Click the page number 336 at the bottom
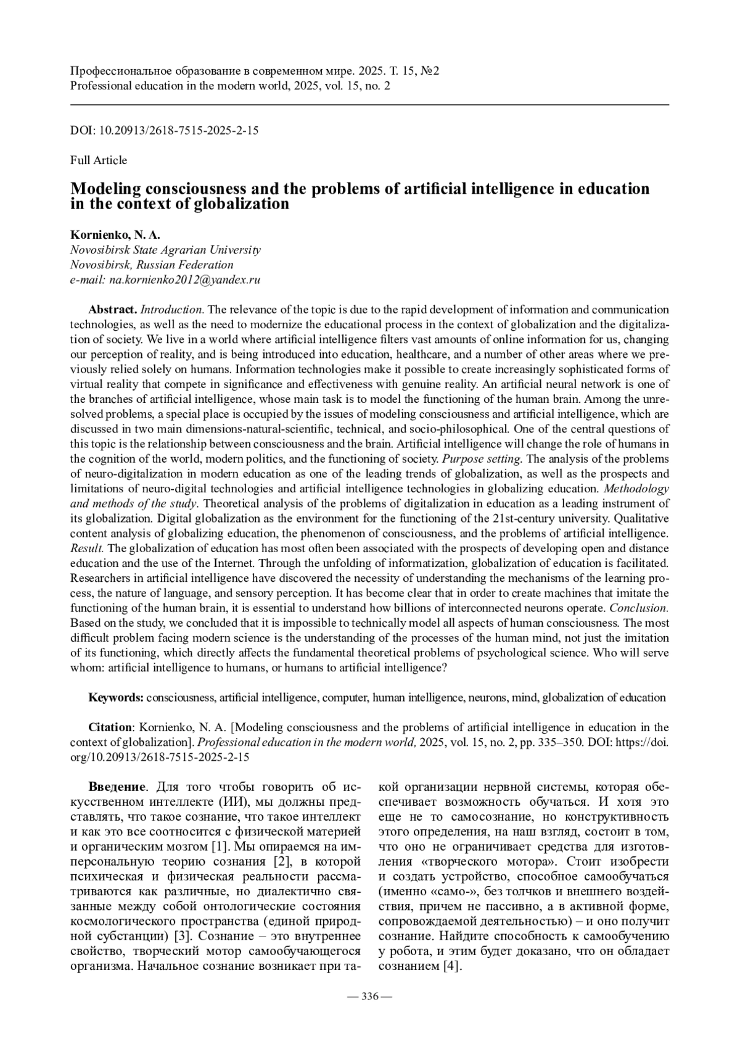click(x=369, y=996)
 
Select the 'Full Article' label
click(x=99, y=160)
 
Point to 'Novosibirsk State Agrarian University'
click(x=165, y=250)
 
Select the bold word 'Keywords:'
click(x=117, y=698)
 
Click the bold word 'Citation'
click(x=110, y=727)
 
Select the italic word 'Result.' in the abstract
click(x=87, y=548)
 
